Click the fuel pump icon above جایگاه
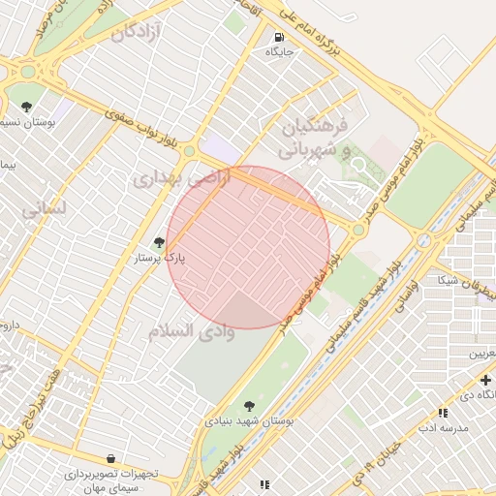click(x=278, y=37)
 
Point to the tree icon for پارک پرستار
click(x=159, y=242)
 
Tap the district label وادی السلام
click(x=192, y=331)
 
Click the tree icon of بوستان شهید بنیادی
click(x=250, y=406)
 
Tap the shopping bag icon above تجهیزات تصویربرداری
click(x=110, y=458)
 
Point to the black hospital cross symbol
click(x=485, y=379)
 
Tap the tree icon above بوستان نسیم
click(x=26, y=108)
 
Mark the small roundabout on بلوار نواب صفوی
click(x=189, y=151)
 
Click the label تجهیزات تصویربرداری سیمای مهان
click(x=110, y=480)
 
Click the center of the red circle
click(x=249, y=247)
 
